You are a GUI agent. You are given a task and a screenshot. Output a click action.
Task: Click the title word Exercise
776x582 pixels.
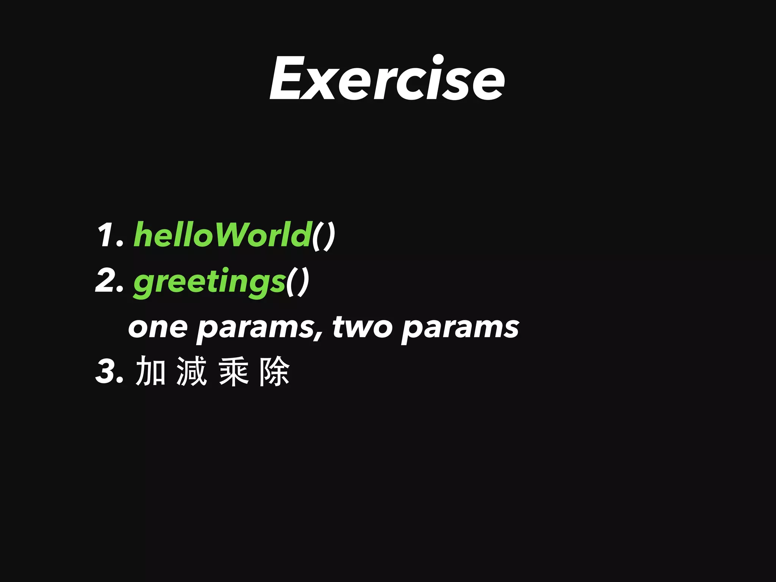pos(387,78)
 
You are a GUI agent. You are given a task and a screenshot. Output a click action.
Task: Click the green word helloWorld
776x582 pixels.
pos(222,235)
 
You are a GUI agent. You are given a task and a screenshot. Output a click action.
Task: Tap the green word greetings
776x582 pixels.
pos(209,282)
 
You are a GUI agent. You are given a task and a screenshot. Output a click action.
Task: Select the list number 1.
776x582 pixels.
pos(108,235)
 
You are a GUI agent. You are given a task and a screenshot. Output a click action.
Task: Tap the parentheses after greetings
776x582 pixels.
pos(298,282)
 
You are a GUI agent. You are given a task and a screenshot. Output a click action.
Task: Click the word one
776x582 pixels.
pos(158,327)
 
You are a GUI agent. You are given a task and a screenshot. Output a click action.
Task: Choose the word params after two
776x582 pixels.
pos(460,329)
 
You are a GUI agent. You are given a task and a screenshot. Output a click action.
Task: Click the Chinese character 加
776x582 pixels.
pos(150,371)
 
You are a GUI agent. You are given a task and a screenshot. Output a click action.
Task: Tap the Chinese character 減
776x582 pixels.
pos(192,371)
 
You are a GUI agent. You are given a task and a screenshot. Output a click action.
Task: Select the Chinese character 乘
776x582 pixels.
pos(233,371)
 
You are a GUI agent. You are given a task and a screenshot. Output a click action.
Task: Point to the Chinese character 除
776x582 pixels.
pos(275,371)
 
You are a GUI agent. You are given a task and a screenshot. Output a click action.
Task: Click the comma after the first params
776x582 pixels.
pos(319,335)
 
